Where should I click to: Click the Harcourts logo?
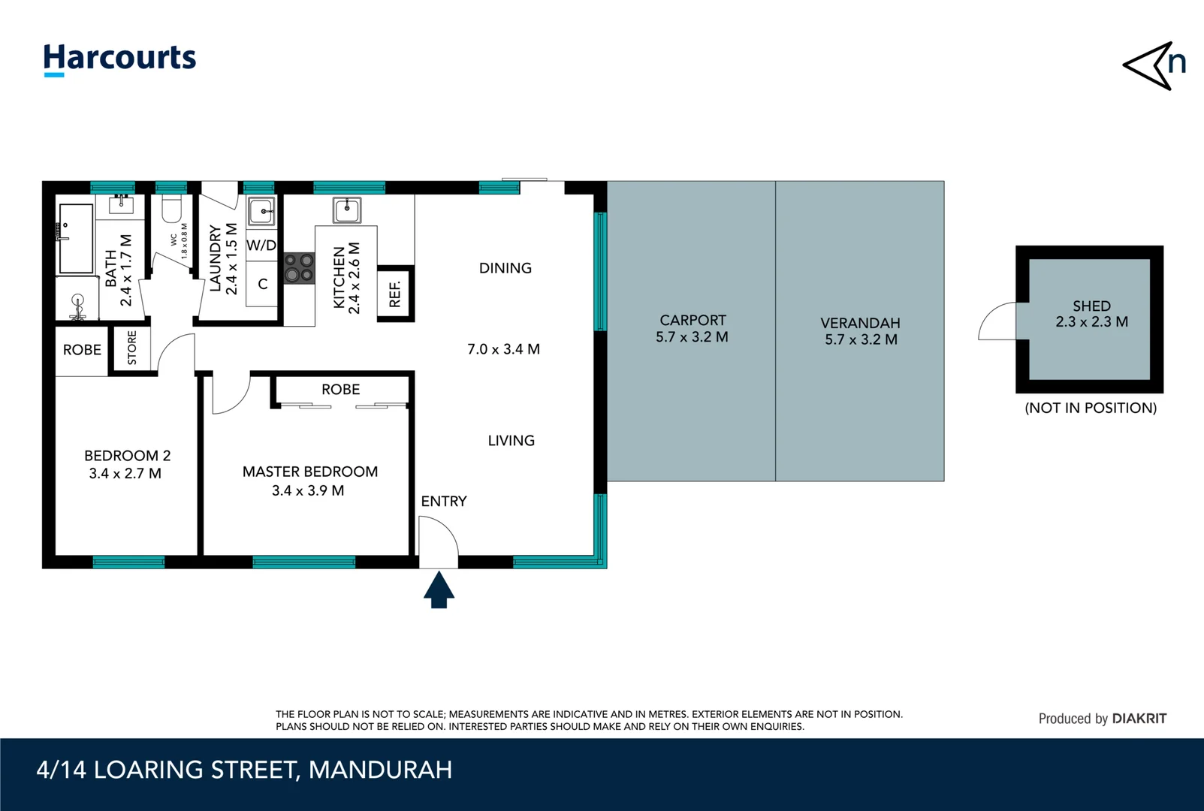[119, 59]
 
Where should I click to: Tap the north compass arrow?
[1153, 66]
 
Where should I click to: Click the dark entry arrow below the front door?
[439, 589]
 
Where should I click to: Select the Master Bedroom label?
[309, 472]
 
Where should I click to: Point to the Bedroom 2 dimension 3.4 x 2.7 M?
[125, 474]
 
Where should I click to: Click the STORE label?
[132, 348]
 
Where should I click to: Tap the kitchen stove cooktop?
[299, 268]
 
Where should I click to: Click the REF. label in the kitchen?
[395, 294]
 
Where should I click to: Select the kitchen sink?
[347, 210]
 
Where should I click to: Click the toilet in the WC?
[172, 210]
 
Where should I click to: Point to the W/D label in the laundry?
[261, 246]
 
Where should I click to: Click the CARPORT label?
[693, 321]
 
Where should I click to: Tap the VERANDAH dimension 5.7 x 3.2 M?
[861, 339]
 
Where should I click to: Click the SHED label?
[1091, 306]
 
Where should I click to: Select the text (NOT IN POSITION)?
[1091, 408]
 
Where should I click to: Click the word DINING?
[505, 268]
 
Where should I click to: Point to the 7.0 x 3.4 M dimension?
[503, 349]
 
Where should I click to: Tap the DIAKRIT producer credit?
[1139, 719]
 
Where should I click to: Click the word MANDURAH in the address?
[380, 770]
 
